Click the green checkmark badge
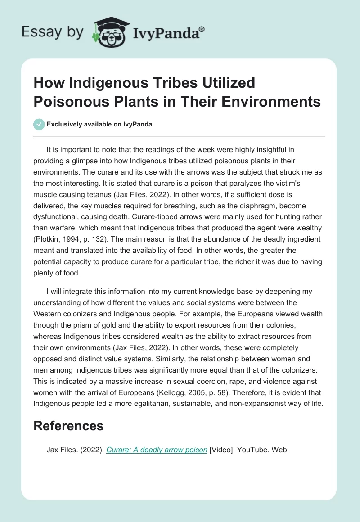click(39, 124)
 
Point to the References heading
click(68, 426)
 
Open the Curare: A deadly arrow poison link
click(156, 449)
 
